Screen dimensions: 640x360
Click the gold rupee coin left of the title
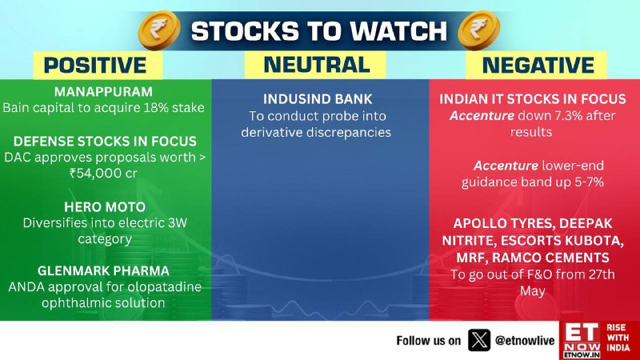tap(159, 30)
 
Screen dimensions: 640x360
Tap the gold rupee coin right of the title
tap(479, 30)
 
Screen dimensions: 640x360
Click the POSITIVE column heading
tap(95, 66)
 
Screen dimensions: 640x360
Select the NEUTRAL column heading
tap(317, 65)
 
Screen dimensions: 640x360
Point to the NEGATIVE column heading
tap(538, 66)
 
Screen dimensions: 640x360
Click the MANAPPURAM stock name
tap(104, 92)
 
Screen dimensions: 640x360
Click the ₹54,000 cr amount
tap(103, 173)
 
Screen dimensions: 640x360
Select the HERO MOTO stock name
tap(105, 207)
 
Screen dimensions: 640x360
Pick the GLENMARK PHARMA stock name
tap(103, 270)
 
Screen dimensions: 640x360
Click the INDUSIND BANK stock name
tap(318, 99)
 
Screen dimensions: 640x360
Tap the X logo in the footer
tap(478, 340)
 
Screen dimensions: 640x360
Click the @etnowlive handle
tap(525, 341)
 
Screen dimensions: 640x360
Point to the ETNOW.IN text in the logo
tap(582, 355)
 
